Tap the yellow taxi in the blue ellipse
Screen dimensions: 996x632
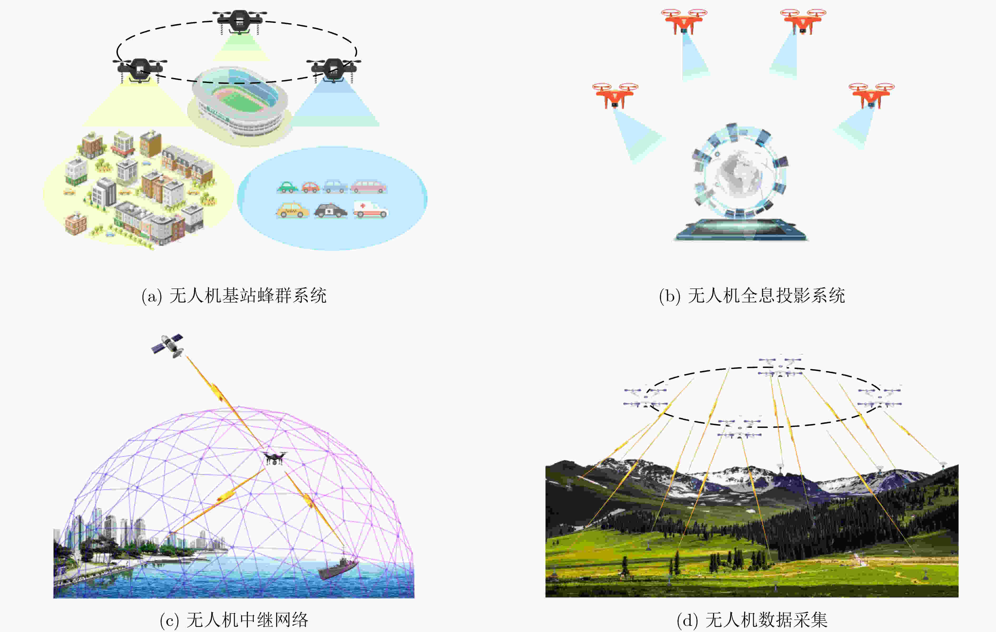pos(292,211)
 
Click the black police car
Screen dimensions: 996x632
pos(330,211)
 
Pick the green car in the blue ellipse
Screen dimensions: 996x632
pos(287,187)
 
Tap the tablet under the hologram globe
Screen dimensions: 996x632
pos(741,230)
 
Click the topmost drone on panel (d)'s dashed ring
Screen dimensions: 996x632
pos(780,366)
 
